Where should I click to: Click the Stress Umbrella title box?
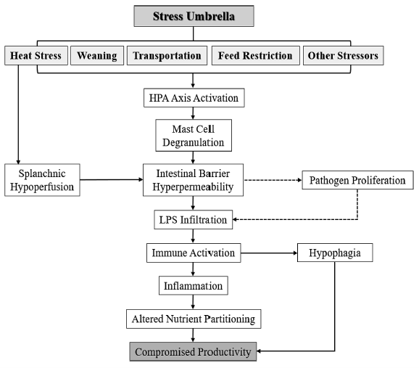pyautogui.click(x=194, y=16)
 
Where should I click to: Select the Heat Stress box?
pyautogui.click(x=36, y=55)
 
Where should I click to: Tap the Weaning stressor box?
pyautogui.click(x=97, y=55)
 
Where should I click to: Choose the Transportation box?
pyautogui.click(x=167, y=55)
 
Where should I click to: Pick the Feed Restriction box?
pyautogui.click(x=255, y=55)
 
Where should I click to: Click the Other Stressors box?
pyautogui.click(x=343, y=55)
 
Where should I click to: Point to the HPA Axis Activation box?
pyautogui.click(x=194, y=98)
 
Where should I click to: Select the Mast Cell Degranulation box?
pyautogui.click(x=194, y=136)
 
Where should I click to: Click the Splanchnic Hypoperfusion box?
pyautogui.click(x=42, y=180)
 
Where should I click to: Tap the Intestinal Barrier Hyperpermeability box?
pyautogui.click(x=194, y=180)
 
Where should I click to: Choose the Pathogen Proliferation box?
pyautogui.click(x=357, y=180)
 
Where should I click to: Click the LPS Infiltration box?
pyautogui.click(x=194, y=220)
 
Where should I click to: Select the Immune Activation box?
pyautogui.click(x=194, y=253)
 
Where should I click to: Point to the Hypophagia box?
pyautogui.click(x=335, y=253)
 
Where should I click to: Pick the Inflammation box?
pyautogui.click(x=194, y=285)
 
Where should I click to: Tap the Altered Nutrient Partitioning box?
pyautogui.click(x=194, y=319)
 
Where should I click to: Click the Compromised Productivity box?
pyautogui.click(x=193, y=352)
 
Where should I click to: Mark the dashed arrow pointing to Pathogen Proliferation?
pyautogui.click(x=273, y=180)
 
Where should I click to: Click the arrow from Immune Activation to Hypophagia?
pyautogui.click(x=269, y=253)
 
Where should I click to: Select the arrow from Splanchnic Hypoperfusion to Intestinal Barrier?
pyautogui.click(x=112, y=179)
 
